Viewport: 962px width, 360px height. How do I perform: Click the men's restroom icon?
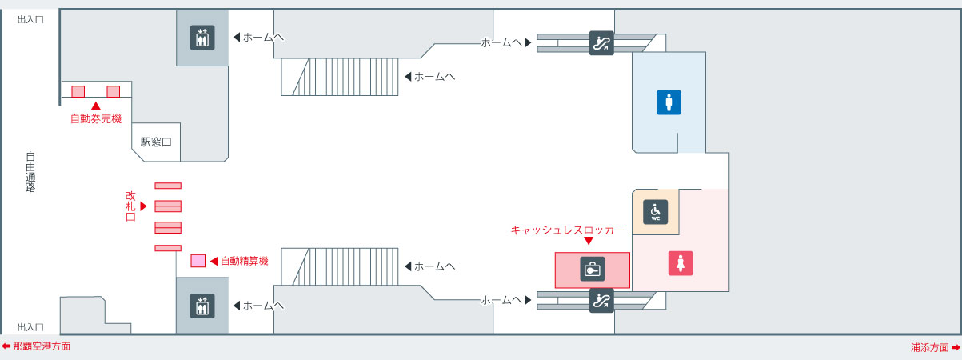669,102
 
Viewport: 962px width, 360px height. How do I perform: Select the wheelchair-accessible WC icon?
656,211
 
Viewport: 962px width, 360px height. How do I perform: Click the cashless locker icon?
593,270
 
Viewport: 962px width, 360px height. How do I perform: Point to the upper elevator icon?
202,38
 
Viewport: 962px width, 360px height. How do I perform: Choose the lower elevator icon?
202,306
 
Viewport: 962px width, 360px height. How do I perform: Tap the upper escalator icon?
601,42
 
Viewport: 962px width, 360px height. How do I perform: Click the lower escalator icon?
601,301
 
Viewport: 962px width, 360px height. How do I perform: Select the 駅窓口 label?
156,142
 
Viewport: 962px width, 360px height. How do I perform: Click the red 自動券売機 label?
96,119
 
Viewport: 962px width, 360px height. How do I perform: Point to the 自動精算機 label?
244,261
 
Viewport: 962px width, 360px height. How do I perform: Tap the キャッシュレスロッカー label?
567,230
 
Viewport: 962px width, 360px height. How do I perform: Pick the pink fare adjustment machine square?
198,261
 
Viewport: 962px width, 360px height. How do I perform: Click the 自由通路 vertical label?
30,172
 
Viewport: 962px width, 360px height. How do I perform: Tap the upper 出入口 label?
30,18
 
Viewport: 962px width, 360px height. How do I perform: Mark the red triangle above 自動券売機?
96,106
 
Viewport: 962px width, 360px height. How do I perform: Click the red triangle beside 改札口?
144,206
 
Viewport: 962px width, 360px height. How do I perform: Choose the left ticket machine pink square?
78,91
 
